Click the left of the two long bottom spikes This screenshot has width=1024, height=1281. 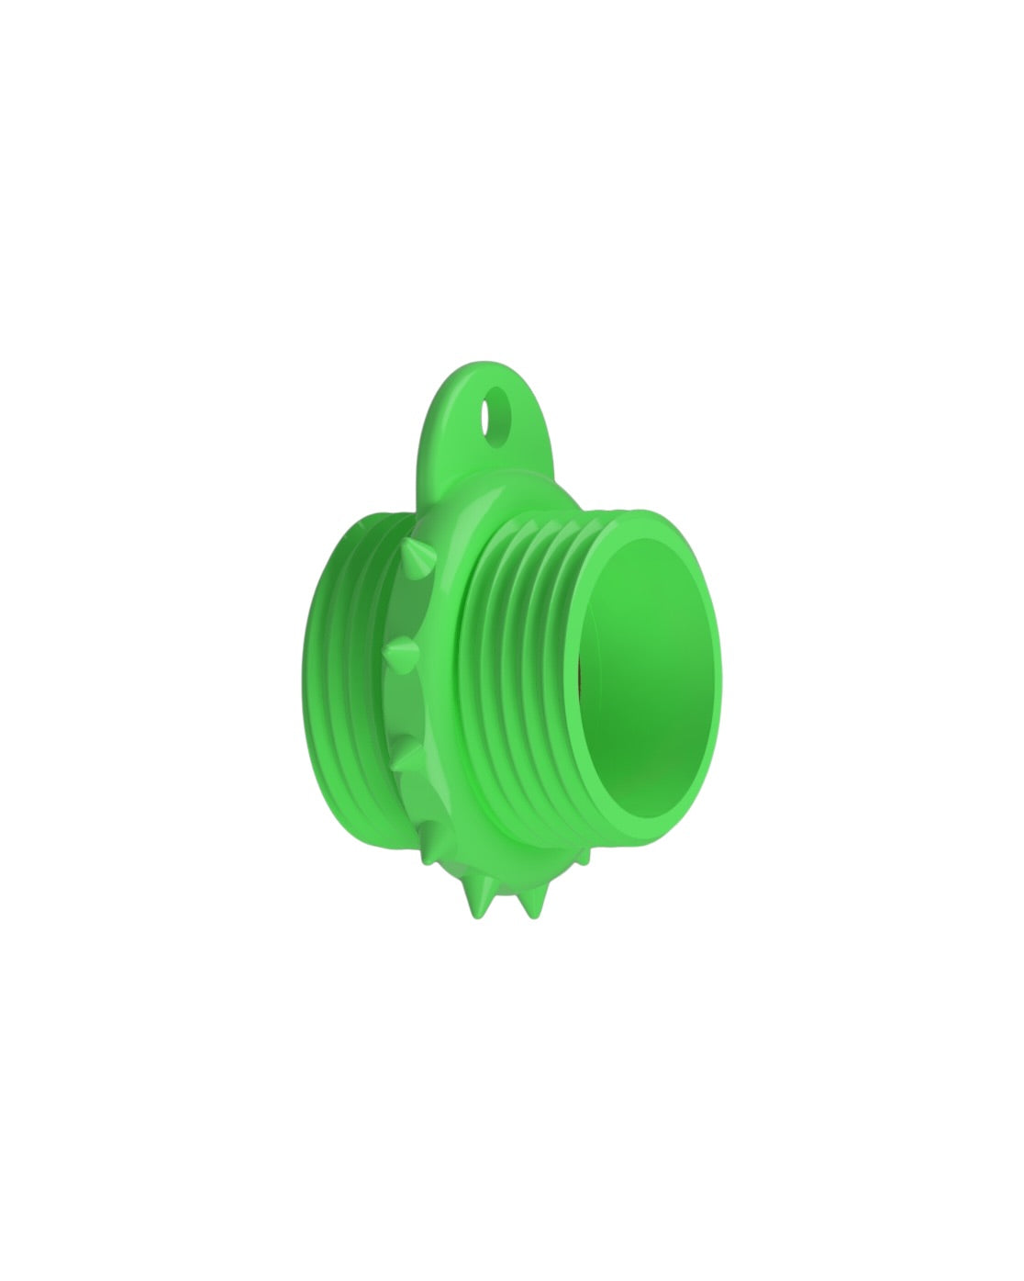tap(480, 904)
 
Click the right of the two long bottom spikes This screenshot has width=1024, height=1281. tap(529, 905)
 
